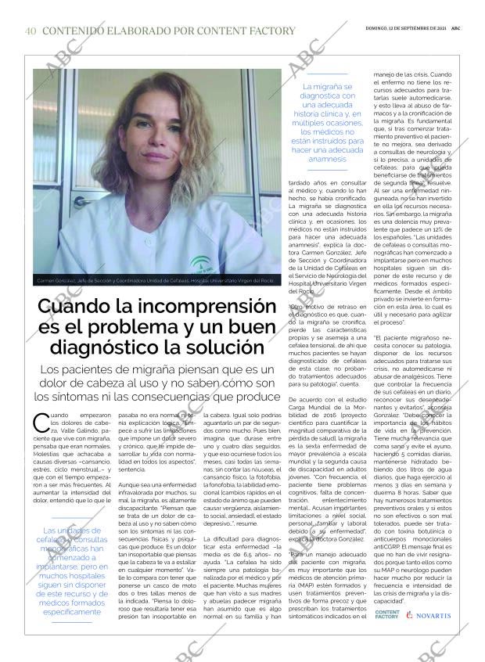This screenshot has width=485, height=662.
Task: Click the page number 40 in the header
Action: point(31,31)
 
